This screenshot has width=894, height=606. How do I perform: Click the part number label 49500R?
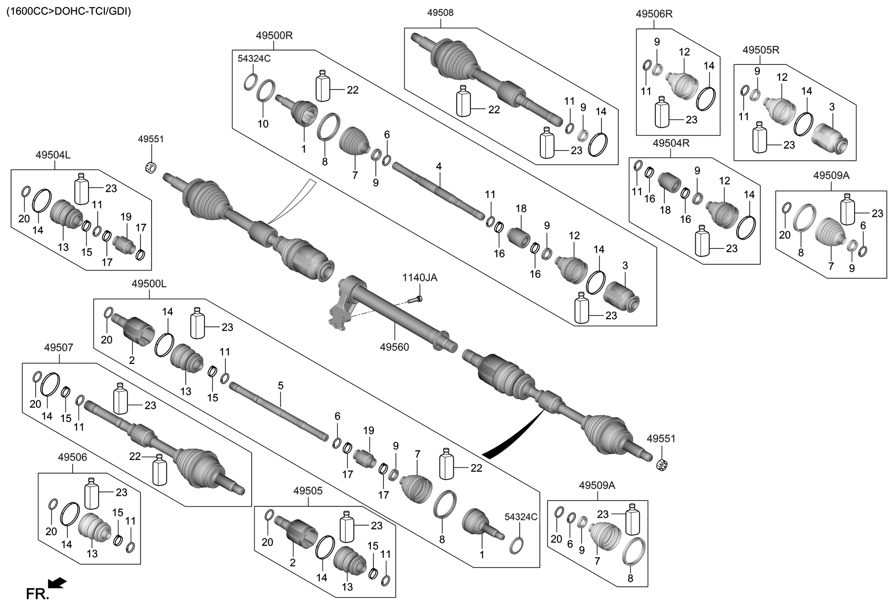pyautogui.click(x=274, y=36)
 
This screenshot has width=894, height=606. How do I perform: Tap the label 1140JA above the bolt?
pyautogui.click(x=420, y=278)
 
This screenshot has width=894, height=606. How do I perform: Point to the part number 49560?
pyautogui.click(x=394, y=347)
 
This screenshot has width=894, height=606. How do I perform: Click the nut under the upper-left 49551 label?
pyautogui.click(x=151, y=168)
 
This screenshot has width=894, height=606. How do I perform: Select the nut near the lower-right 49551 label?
pyautogui.click(x=664, y=465)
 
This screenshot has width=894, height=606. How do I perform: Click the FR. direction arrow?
pyautogui.click(x=58, y=584)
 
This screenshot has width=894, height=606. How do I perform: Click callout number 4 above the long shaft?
pyautogui.click(x=438, y=167)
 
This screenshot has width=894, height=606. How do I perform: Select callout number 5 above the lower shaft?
pyautogui.click(x=281, y=386)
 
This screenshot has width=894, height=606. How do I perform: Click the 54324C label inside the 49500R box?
pyautogui.click(x=254, y=59)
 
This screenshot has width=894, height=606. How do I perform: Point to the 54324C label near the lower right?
pyautogui.click(x=521, y=517)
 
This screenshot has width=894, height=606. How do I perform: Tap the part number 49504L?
pyautogui.click(x=53, y=155)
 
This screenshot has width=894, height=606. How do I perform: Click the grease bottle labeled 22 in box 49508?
pyautogui.click(x=463, y=102)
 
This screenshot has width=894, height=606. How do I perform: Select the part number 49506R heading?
pyautogui.click(x=654, y=14)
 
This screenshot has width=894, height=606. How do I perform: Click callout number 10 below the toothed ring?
pyautogui.click(x=263, y=124)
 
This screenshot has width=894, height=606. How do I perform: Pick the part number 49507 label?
pyautogui.click(x=58, y=347)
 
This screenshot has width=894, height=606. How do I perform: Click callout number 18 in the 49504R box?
pyautogui.click(x=665, y=210)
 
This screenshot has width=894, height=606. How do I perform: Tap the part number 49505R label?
pyautogui.click(x=761, y=50)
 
